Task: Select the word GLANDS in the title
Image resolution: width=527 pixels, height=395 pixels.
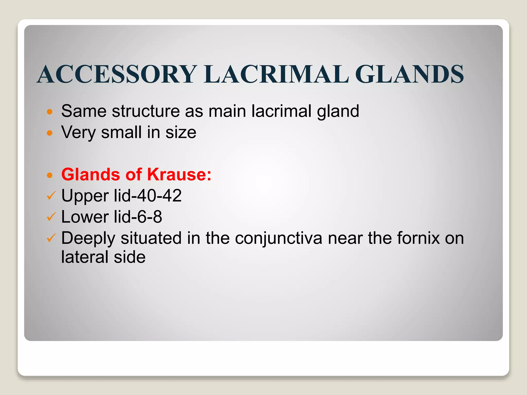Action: coord(410,74)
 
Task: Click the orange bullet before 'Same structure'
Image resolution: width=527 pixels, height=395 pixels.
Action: coord(50,112)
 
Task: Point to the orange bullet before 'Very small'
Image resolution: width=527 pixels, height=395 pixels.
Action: coord(50,133)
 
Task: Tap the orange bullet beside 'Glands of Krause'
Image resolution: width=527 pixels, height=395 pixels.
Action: coord(50,175)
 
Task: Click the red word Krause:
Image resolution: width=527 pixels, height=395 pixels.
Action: coord(179,175)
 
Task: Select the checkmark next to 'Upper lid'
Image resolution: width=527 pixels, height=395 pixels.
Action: coord(51,196)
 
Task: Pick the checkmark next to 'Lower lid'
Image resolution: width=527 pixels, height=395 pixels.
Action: coord(51,217)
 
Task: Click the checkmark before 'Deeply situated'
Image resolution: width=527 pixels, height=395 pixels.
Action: coord(51,238)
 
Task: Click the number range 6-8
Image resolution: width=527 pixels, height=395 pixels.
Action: coord(150,217)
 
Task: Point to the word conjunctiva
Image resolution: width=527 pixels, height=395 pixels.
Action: coord(278,238)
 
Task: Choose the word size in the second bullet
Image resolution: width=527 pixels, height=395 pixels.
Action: coord(181,132)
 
